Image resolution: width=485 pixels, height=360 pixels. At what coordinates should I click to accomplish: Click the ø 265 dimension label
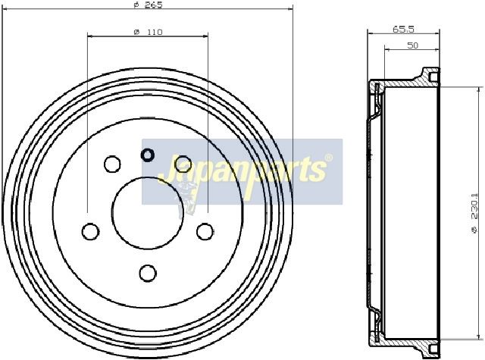[x=149, y=5]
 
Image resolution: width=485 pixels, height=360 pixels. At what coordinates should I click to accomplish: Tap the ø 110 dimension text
[x=149, y=32]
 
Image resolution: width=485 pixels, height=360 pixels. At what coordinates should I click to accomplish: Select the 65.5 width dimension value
[x=403, y=30]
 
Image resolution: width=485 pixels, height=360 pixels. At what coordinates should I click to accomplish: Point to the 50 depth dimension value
[x=412, y=45]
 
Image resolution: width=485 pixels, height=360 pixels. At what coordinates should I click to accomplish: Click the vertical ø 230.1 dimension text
[x=474, y=213]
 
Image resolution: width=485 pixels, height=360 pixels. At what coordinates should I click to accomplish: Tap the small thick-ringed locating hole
[x=148, y=155]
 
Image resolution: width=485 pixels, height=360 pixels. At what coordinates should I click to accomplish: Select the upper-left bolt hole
[x=112, y=164]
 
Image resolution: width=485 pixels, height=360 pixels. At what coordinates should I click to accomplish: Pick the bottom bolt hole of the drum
[x=148, y=273]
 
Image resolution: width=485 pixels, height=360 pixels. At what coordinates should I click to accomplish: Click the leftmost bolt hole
[x=91, y=231]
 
